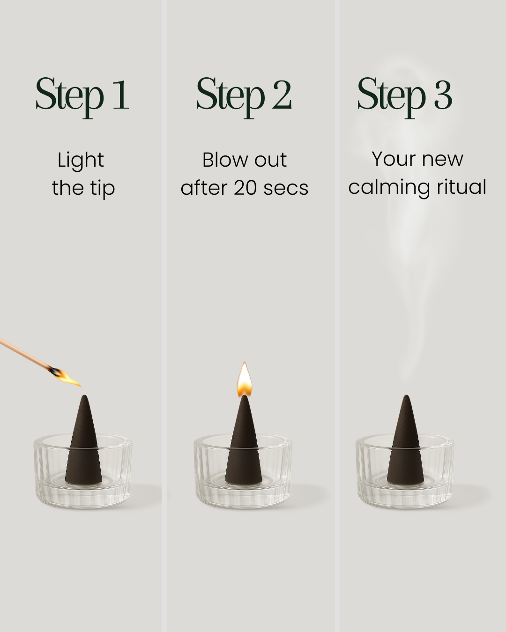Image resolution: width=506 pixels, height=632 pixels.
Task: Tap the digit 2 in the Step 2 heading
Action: (282, 95)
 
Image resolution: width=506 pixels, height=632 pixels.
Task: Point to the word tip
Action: (102, 189)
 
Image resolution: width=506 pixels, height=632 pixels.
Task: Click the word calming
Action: (389, 188)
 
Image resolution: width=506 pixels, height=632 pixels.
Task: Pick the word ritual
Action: (461, 187)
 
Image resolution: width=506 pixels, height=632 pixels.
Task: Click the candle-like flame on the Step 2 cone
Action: (244, 380)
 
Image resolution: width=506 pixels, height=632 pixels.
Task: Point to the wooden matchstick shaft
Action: (25, 353)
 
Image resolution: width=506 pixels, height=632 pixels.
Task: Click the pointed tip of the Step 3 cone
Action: (406, 396)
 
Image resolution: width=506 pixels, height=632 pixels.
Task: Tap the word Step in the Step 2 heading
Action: (231, 97)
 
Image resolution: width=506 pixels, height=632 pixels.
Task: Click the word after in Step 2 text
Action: (204, 188)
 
